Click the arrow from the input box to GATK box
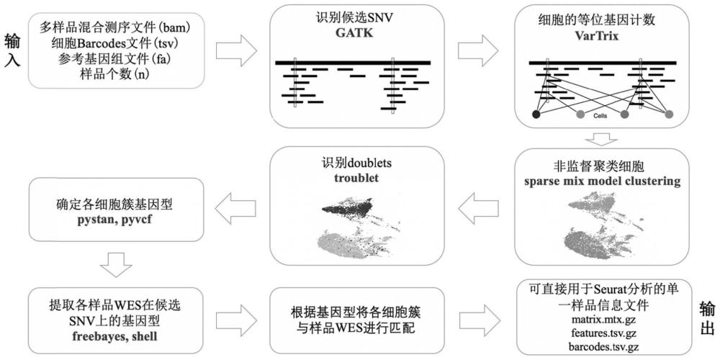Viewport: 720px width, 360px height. point(236,52)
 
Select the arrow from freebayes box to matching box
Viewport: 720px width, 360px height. point(236,317)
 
